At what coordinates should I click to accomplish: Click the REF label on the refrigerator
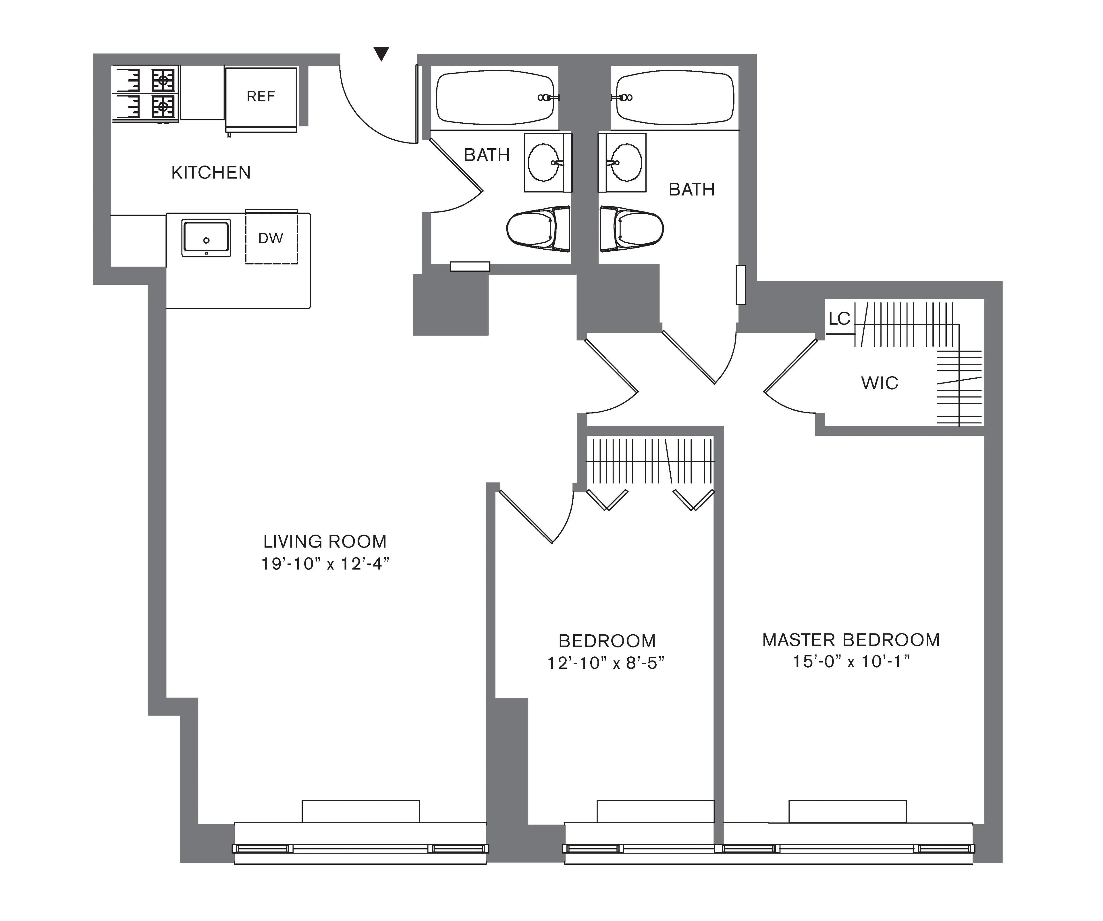click(x=261, y=97)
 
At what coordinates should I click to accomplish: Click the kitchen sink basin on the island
click(x=206, y=238)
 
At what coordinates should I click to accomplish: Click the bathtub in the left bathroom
click(x=495, y=98)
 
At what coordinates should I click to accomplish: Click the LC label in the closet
click(x=839, y=318)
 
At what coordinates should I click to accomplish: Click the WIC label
click(x=879, y=383)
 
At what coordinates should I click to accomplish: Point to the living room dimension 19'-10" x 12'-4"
click(x=325, y=564)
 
